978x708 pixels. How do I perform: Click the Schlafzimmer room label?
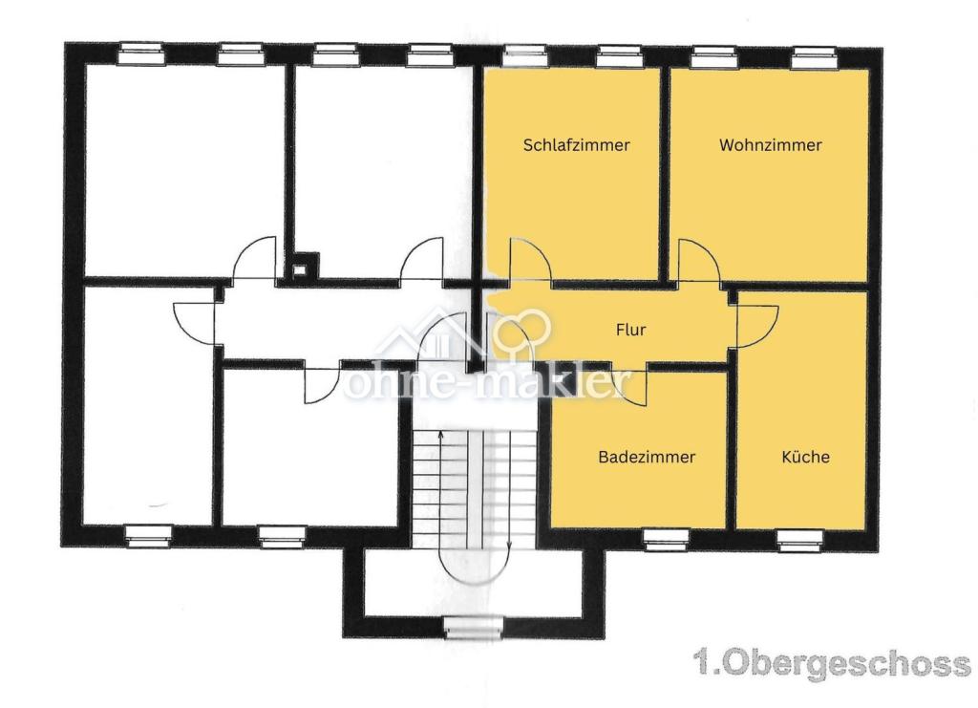(576, 145)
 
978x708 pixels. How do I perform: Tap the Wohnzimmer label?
(771, 145)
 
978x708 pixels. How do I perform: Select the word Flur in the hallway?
(630, 330)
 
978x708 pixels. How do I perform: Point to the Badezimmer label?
(647, 458)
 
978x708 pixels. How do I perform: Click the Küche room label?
(805, 457)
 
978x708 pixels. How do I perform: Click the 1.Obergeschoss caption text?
(833, 664)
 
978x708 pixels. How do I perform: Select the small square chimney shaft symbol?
(300, 270)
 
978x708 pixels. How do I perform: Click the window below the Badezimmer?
(666, 540)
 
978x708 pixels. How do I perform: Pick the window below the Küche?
(800, 540)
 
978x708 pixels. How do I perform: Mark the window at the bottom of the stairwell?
(475, 626)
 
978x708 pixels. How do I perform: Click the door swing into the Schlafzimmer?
(530, 261)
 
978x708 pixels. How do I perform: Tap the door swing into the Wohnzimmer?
(699, 262)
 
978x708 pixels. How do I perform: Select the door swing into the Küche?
(757, 326)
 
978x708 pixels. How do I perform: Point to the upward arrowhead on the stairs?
(441, 433)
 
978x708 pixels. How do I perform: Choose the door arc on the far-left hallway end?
(195, 323)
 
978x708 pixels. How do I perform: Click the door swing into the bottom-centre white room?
(322, 382)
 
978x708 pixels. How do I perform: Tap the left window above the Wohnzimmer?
(714, 57)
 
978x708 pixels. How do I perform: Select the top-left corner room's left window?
(141, 54)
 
